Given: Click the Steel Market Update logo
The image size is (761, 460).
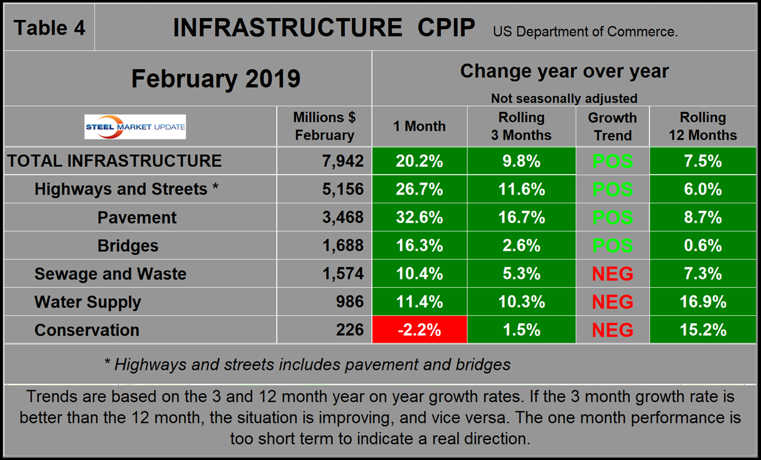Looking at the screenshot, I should click(135, 127).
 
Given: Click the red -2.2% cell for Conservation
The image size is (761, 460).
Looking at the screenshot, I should click(419, 330).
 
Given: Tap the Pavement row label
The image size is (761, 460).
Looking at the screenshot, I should click(137, 217).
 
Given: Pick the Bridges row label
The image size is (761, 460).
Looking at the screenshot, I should click(128, 246).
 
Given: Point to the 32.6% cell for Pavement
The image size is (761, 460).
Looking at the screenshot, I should click(419, 217).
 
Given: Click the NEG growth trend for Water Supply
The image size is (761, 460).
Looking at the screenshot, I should click(612, 302).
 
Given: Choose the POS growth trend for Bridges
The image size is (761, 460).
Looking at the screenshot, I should click(612, 246).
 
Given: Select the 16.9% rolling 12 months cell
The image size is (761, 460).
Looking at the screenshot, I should click(702, 302).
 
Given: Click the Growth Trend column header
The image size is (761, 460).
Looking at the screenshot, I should click(612, 127).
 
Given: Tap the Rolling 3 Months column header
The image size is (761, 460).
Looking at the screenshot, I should click(521, 127).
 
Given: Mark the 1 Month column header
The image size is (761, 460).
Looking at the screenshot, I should click(419, 127).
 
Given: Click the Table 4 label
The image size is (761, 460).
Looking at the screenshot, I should click(49, 28).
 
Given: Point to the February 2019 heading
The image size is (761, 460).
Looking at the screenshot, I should click(215, 79).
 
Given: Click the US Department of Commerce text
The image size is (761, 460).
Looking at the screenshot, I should click(585, 32).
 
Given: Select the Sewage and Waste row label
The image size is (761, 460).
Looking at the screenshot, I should click(110, 274).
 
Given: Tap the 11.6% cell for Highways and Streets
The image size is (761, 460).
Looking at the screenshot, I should click(521, 189).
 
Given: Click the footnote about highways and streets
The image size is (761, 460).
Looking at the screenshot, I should click(307, 364).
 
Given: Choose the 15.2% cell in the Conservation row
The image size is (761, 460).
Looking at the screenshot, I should click(702, 330).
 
